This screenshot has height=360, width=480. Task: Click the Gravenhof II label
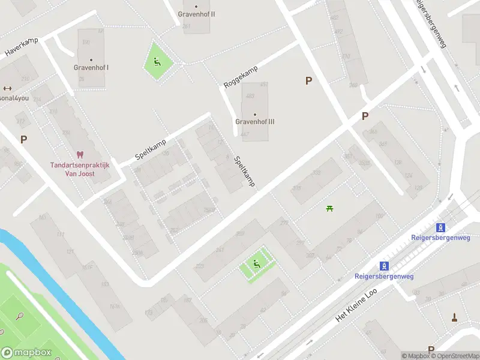pos(196,14)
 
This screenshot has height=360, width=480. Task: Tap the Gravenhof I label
pos(92,68)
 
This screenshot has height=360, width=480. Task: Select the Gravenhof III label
pos(255,122)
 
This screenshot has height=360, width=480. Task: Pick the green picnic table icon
pos(329,208)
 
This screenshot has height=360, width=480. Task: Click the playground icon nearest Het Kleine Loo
pos(256,264)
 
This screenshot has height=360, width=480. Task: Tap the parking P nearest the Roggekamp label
pos(309,81)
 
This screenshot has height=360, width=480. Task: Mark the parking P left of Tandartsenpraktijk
pos(24,139)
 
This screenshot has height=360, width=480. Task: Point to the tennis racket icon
pos(19,316)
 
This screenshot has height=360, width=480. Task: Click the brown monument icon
pos(455,317)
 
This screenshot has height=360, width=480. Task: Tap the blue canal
pos(60,288)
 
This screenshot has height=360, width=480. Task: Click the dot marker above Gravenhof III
pos(255,114)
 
